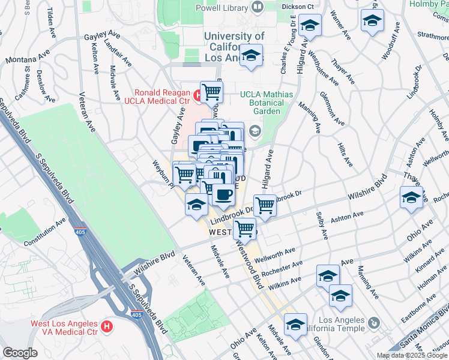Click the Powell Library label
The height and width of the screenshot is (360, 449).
coord(221,8)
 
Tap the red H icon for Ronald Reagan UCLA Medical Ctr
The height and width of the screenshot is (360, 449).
coord(196,94)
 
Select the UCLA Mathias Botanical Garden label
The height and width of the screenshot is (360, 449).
coord(267,103)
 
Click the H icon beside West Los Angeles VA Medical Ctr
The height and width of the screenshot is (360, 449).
coord(107,326)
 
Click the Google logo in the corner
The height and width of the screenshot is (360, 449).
coord(20,353)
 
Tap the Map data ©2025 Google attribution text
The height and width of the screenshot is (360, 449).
coord(411,355)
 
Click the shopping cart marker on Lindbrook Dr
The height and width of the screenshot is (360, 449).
coord(265,205)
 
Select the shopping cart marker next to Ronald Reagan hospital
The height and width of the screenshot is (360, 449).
coord(211,92)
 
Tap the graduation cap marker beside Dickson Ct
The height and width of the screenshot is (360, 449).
coord(310,25)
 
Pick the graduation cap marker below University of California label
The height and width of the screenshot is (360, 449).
coord(252,57)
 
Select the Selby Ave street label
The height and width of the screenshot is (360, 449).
coord(323,223)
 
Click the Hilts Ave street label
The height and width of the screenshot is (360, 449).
coord(343,152)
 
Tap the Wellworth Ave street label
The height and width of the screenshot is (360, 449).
coord(275,256)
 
